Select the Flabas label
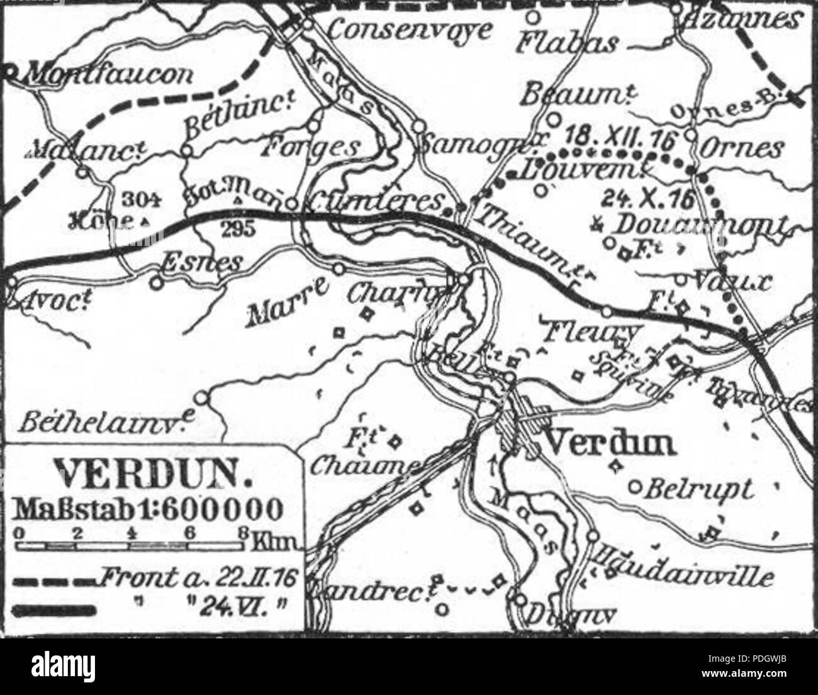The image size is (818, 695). [x=566, y=42]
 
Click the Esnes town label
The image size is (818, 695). [x=201, y=263]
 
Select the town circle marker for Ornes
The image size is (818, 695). [x=691, y=134]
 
